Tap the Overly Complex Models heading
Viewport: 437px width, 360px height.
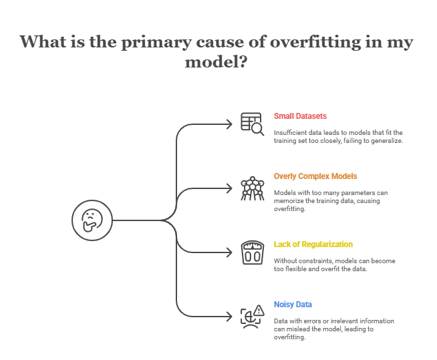[315, 176]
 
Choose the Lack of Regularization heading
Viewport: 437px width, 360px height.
[313, 244]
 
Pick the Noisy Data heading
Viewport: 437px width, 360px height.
[293, 304]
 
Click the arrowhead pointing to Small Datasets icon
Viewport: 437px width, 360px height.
[229, 124]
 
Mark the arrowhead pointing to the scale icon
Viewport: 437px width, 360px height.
[229, 253]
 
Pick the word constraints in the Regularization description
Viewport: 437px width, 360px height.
[317, 260]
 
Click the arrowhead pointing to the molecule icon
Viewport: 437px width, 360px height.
[229, 188]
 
